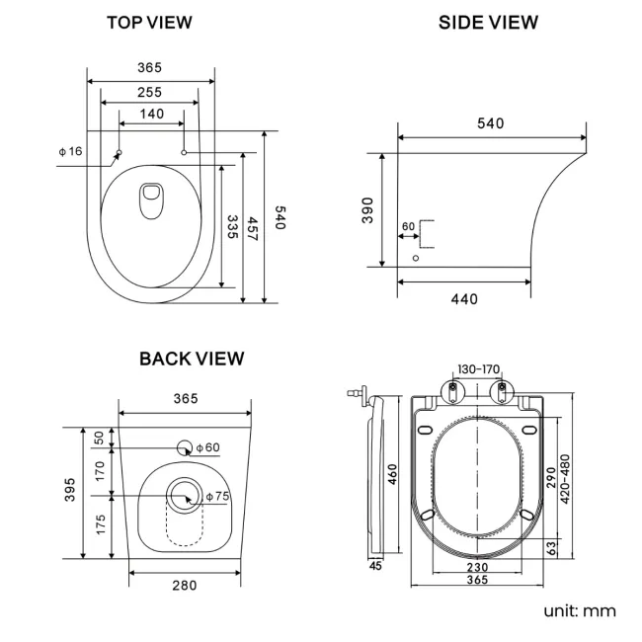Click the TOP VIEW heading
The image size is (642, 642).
149,22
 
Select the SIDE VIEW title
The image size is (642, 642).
488,22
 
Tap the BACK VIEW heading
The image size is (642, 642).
192,358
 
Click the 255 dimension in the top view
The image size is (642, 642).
149,92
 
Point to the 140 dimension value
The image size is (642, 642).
151,114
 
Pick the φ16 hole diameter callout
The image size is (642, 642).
70,151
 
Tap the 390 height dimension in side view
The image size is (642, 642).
367,210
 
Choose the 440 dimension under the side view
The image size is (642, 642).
463,299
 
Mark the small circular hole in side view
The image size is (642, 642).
415,258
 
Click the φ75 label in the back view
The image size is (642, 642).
216,496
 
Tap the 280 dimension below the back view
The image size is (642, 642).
184,585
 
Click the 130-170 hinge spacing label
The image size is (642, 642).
478,369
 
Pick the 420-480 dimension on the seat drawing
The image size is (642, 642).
565,479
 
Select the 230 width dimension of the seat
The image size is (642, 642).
477,567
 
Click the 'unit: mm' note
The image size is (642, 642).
579,610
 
